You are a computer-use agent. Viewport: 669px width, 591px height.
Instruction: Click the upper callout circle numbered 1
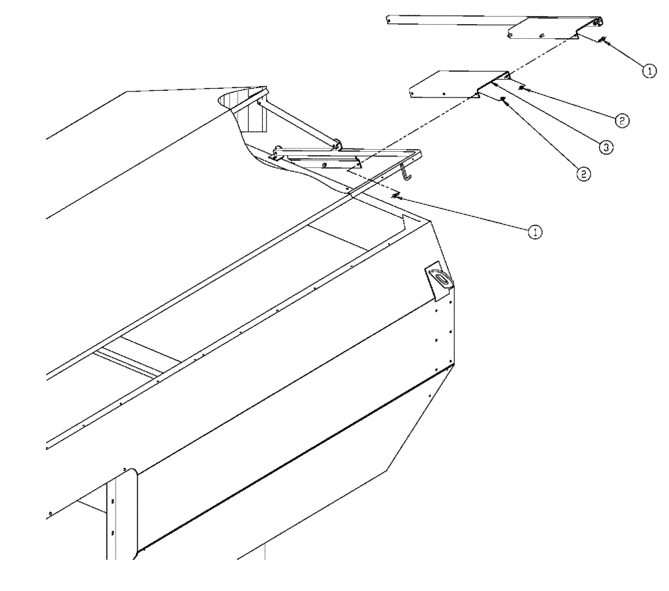point(647,69)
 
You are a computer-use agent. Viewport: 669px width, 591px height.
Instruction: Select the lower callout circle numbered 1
point(535,231)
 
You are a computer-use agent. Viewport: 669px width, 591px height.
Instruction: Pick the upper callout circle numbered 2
point(621,120)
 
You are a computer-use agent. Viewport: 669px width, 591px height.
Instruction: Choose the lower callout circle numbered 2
point(583,173)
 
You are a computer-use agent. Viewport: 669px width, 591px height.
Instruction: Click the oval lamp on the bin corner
point(440,277)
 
